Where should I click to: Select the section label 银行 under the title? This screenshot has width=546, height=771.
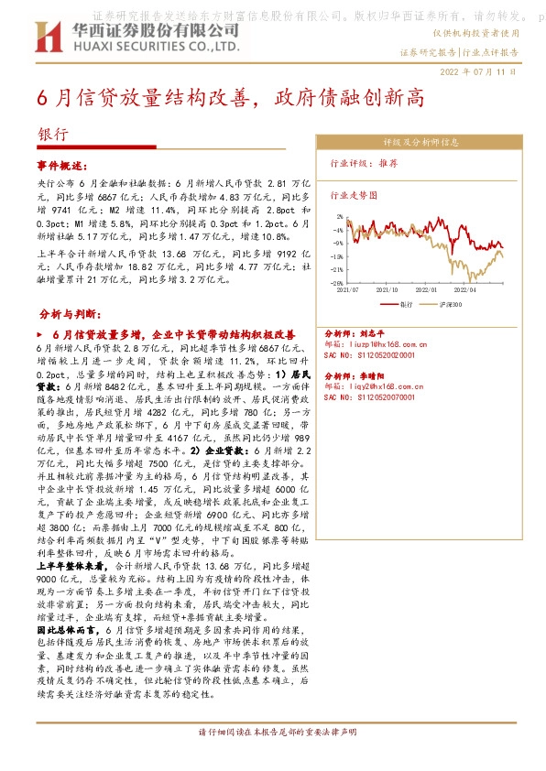pyautogui.click(x=52, y=133)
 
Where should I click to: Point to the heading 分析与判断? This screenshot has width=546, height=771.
pyautogui.click(x=71, y=313)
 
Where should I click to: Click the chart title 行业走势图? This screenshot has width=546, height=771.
pyautogui.click(x=354, y=195)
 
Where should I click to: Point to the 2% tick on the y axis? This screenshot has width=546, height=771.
pyautogui.click(x=339, y=217)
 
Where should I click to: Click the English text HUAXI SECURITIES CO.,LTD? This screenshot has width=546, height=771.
pyautogui.click(x=154, y=45)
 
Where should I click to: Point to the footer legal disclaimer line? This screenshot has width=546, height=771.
pyautogui.click(x=272, y=733)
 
